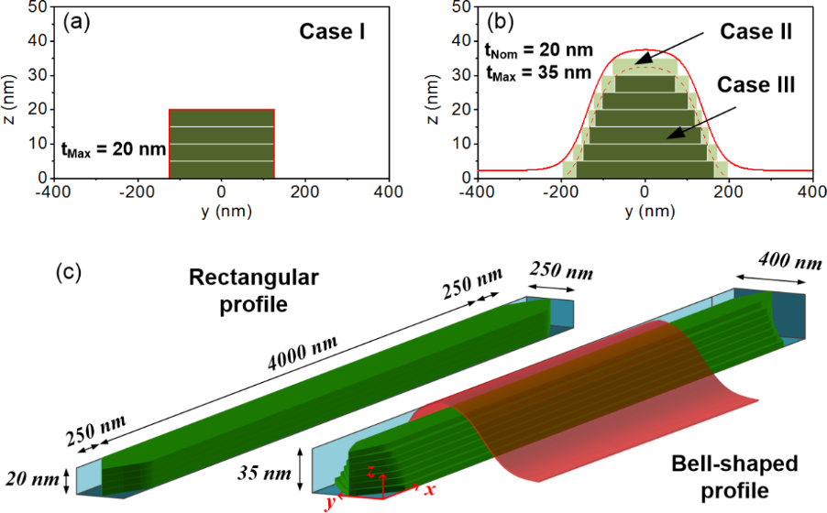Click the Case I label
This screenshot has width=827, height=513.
(x=334, y=32)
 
